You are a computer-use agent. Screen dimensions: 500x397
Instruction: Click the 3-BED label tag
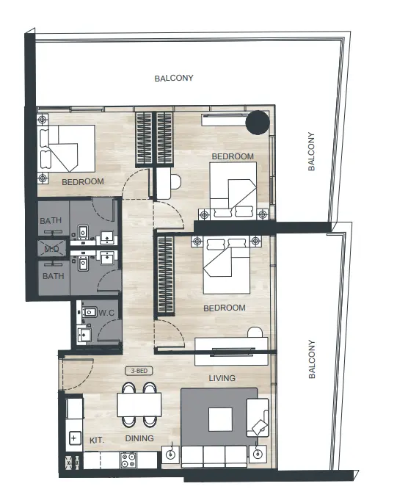pyautogui.click(x=139, y=372)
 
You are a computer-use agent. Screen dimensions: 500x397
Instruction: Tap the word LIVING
pyautogui.click(x=222, y=378)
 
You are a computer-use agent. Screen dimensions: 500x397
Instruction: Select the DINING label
pyautogui.click(x=139, y=439)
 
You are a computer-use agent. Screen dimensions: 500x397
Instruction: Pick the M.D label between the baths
pyautogui.click(x=51, y=249)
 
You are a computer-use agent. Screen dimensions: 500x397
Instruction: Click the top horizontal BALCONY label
pyautogui.click(x=174, y=78)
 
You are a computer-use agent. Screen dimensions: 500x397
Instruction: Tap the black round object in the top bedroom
pyautogui.click(x=257, y=122)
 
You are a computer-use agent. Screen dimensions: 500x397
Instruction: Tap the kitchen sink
pyautogui.click(x=74, y=438)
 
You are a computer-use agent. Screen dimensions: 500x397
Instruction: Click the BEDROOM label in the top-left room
pyautogui.click(x=83, y=181)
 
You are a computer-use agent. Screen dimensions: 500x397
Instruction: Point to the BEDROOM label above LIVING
pyautogui.click(x=225, y=308)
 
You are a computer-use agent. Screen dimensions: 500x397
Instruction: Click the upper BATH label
pyautogui.click(x=51, y=220)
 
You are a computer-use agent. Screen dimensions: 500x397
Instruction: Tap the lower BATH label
pyautogui.click(x=52, y=276)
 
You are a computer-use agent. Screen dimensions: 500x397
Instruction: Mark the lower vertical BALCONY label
pyautogui.click(x=311, y=359)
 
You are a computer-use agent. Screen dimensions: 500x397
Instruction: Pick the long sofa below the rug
pyautogui.click(x=214, y=457)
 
